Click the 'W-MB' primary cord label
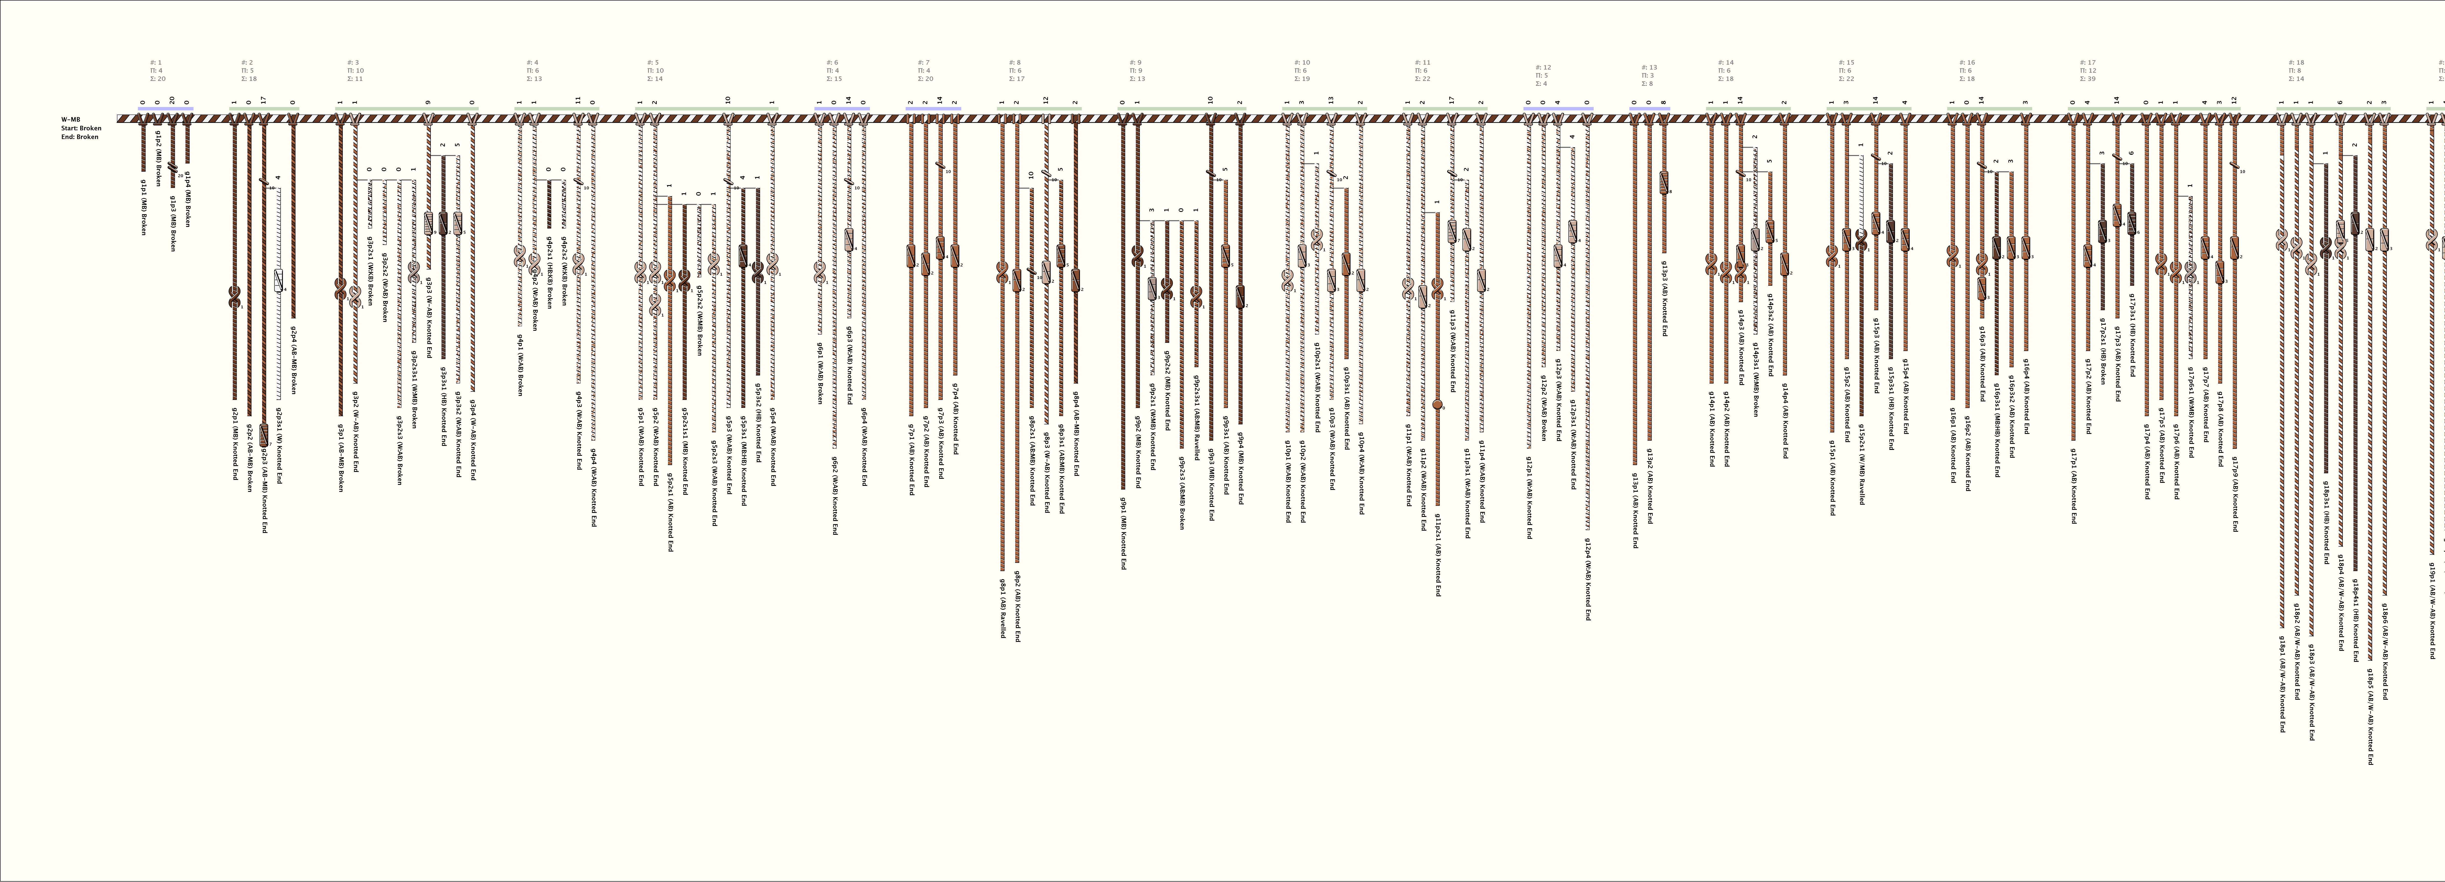click(x=70, y=120)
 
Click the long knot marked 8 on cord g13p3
click(x=1664, y=182)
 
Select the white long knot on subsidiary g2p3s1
click(x=278, y=280)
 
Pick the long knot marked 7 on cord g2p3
click(x=263, y=436)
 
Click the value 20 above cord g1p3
click(x=172, y=100)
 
